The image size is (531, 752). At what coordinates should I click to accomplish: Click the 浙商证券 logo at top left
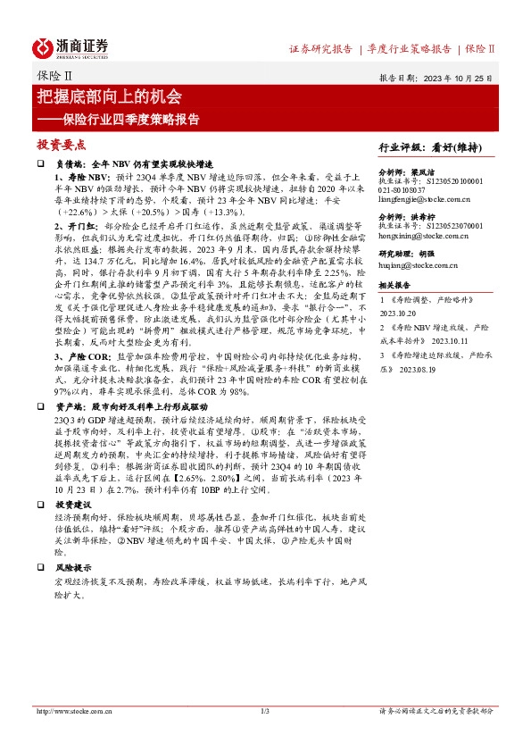(x=71, y=46)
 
